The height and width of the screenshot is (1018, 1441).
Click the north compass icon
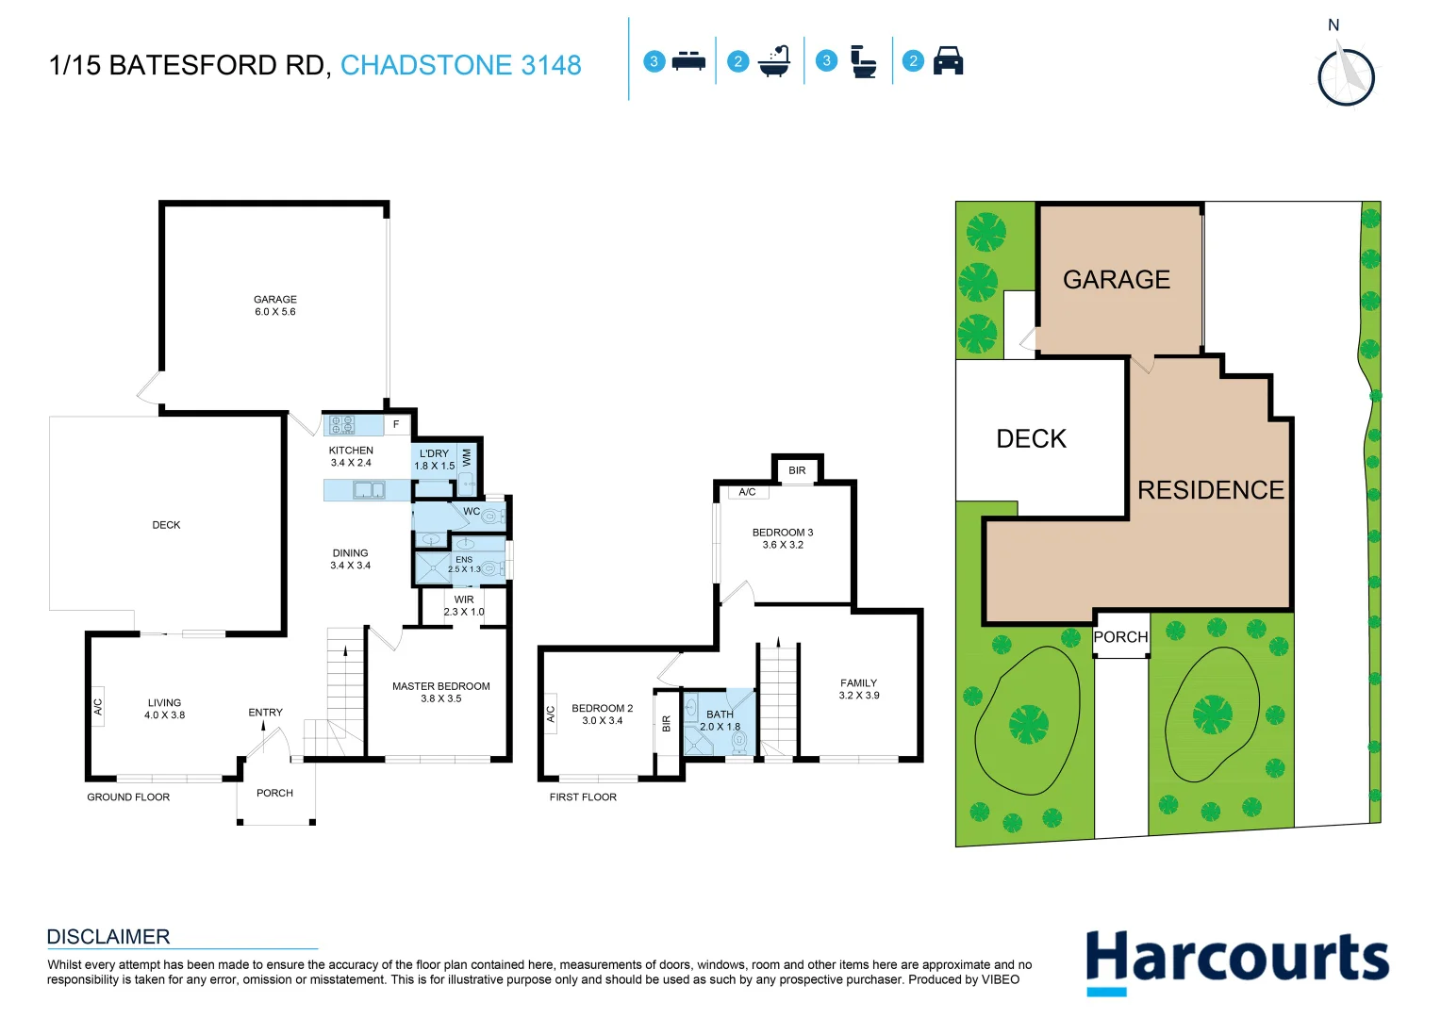point(1346,75)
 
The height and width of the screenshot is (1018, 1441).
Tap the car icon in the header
point(948,61)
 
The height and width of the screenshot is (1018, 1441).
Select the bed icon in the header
point(688,61)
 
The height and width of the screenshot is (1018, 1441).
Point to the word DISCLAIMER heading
point(108,937)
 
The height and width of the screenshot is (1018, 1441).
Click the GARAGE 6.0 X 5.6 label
point(275,305)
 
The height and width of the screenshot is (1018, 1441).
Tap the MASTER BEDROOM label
point(441,693)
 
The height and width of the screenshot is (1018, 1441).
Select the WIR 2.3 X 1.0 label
point(464,606)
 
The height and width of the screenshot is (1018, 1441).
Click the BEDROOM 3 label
point(783,538)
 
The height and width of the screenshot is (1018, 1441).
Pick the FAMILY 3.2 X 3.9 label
point(859,689)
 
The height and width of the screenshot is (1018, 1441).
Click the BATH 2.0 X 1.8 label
point(720,721)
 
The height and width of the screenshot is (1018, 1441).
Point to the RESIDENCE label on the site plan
point(1211,490)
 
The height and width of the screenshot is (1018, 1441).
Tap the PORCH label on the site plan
point(1120,637)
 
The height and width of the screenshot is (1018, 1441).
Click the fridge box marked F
point(396,425)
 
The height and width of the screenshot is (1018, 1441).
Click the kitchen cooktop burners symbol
point(342,425)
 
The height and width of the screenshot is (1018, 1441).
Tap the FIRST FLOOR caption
point(583,797)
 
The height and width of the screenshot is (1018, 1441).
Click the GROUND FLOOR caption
point(128,797)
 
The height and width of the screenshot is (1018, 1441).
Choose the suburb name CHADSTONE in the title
point(427,65)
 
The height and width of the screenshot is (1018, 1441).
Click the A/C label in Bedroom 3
point(747,492)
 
